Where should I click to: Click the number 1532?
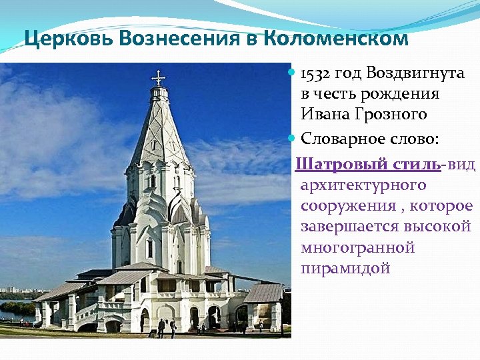pos(315,73)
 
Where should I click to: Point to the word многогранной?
pos(357,247)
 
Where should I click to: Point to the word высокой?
pos(439,227)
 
